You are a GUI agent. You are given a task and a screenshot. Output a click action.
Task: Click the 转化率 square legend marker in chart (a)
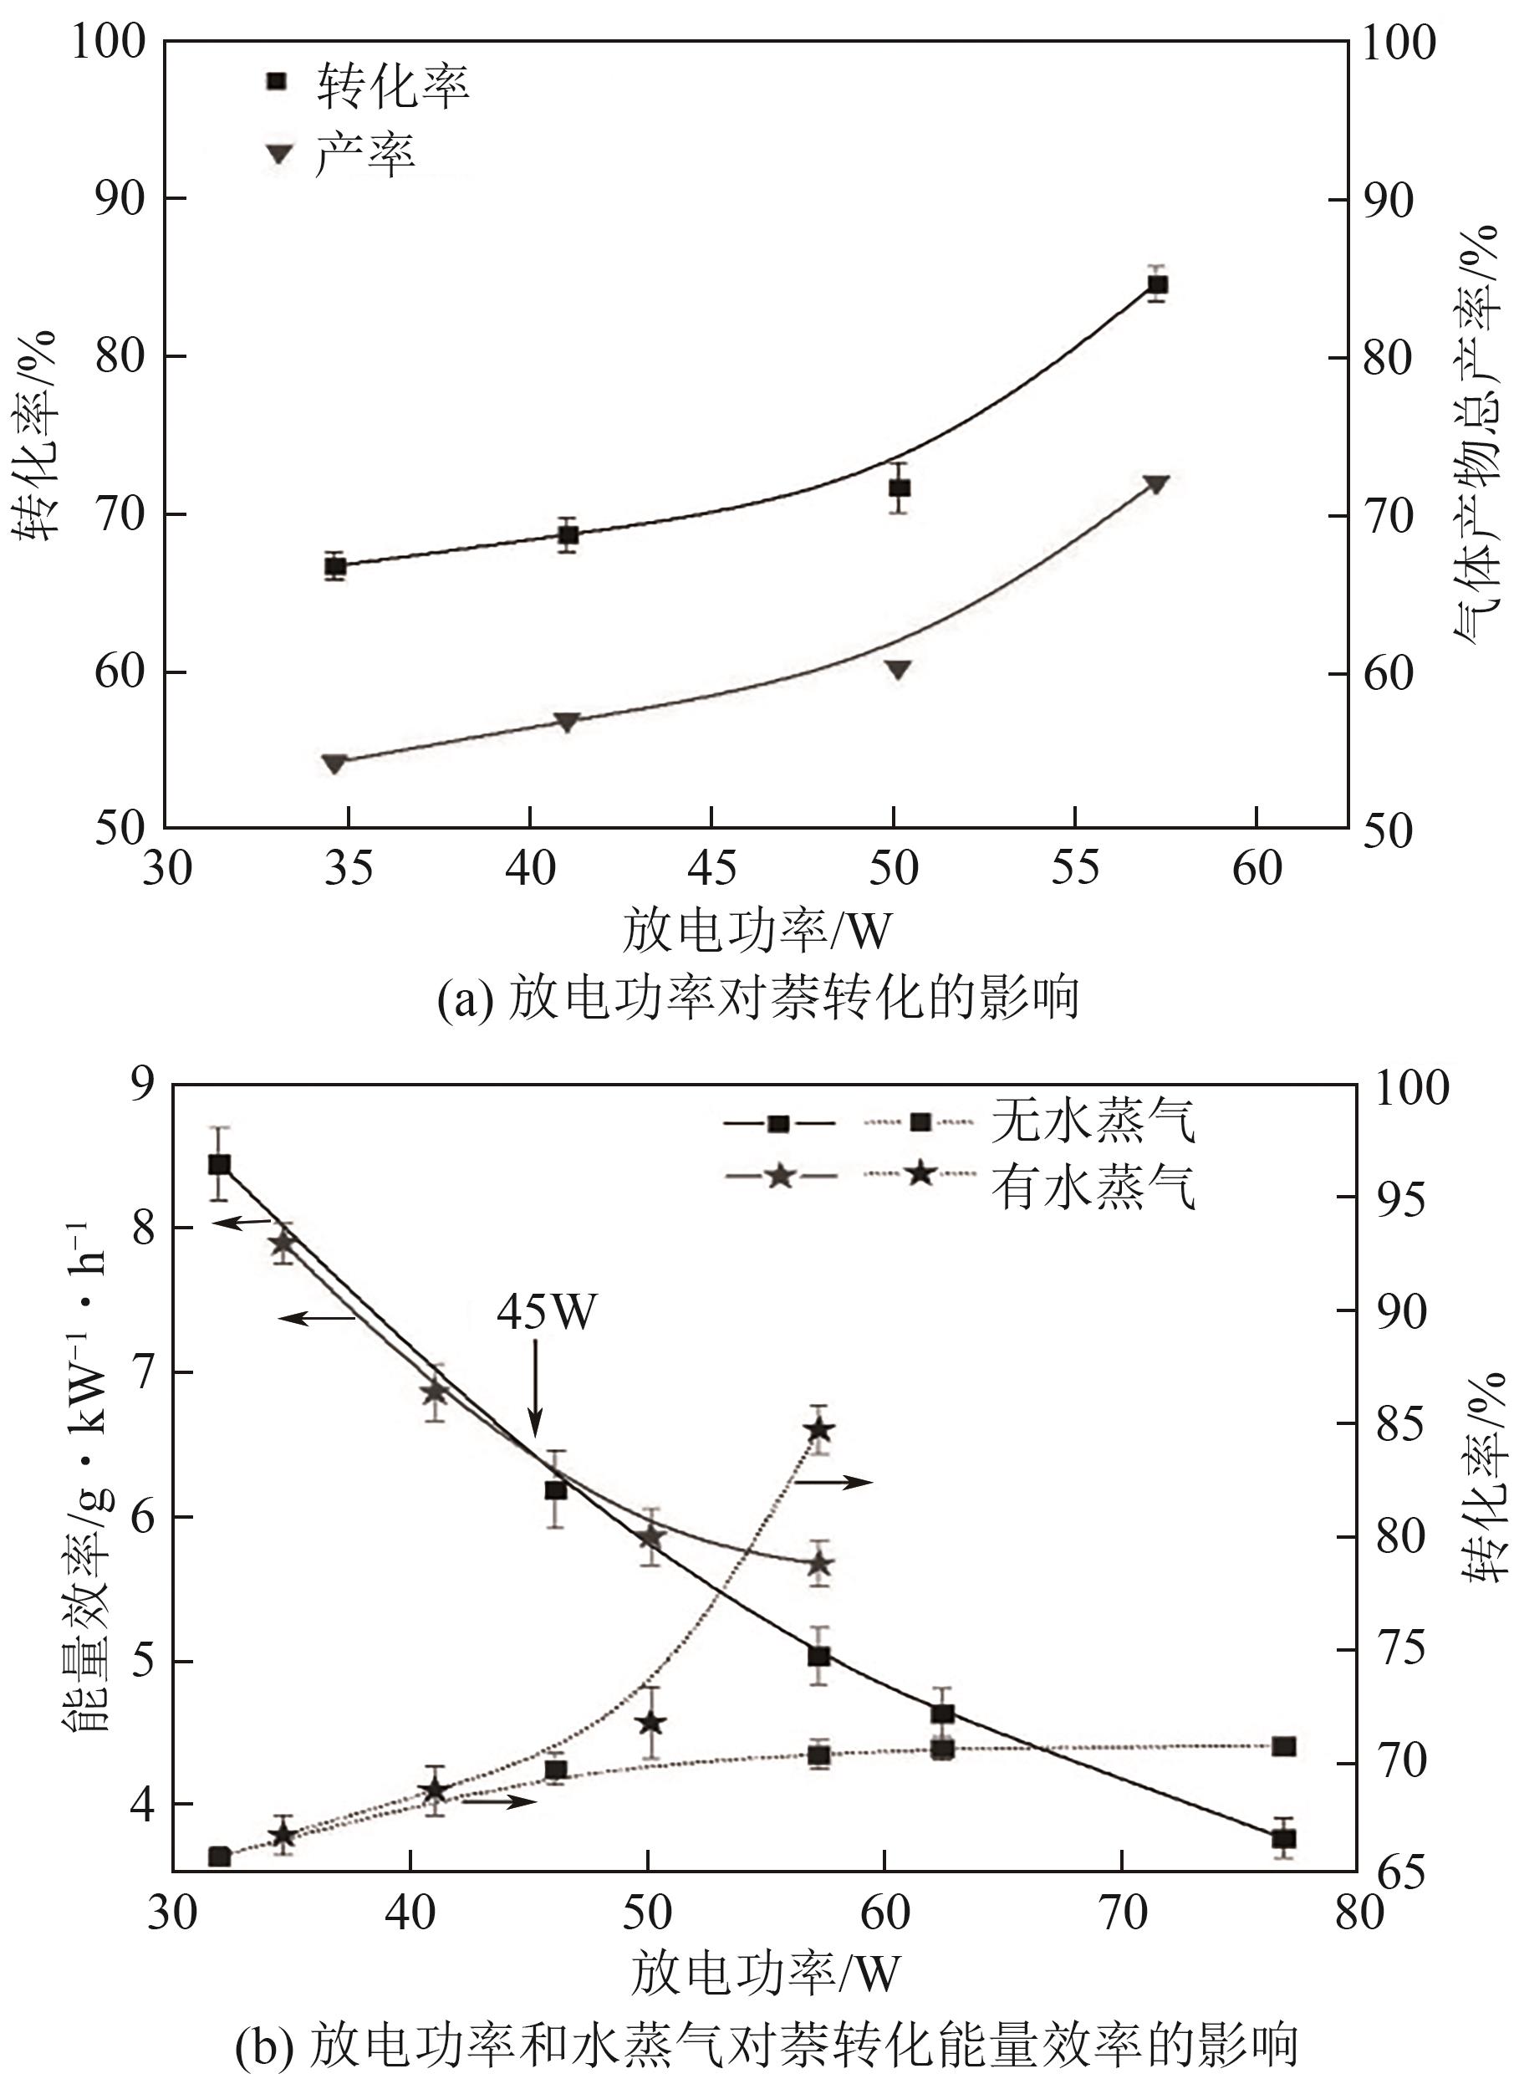[277, 82]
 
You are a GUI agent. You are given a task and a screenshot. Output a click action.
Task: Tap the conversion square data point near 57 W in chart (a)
[1157, 284]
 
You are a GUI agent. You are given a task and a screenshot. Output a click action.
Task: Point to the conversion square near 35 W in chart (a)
[335, 566]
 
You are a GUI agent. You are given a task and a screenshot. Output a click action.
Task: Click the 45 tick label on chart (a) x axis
[711, 868]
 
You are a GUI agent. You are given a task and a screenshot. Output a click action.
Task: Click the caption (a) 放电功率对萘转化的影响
[758, 998]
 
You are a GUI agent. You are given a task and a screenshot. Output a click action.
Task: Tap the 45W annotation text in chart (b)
[546, 1310]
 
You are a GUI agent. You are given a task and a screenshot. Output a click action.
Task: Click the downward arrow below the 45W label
[536, 1388]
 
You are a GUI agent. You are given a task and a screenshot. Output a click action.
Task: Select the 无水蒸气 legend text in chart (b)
[1093, 1122]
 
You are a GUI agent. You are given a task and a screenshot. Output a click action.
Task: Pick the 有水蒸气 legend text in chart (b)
[1093, 1187]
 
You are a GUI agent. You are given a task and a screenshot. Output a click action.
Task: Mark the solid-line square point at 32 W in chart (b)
[219, 1164]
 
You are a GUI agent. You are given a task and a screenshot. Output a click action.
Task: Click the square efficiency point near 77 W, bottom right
[1283, 1838]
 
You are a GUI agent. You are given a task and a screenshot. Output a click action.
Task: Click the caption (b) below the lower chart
[767, 2044]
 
